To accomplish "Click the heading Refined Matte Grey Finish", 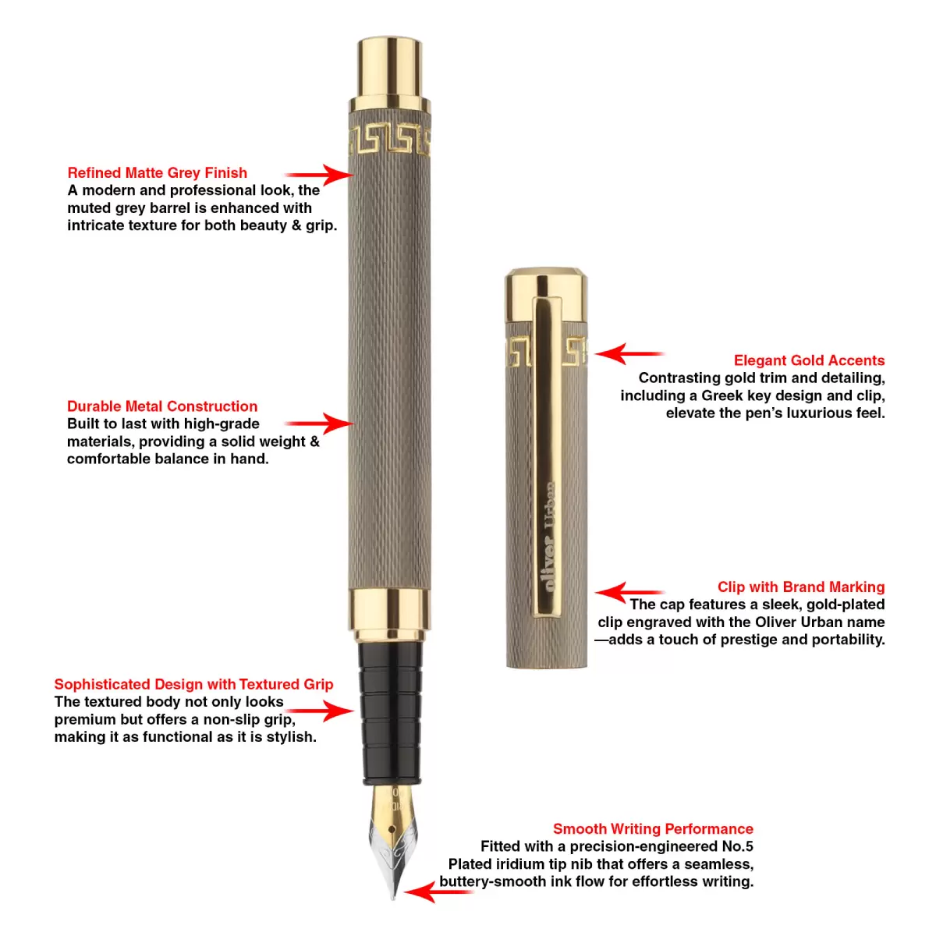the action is (x=157, y=173).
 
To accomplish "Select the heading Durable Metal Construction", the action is (x=162, y=406).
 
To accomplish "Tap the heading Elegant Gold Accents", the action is (x=809, y=360).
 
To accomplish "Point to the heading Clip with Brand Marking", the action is (x=801, y=587).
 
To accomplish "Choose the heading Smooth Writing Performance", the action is (x=653, y=828).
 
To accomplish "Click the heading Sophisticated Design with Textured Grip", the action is (x=193, y=684).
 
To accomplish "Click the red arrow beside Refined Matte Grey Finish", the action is (x=319, y=175).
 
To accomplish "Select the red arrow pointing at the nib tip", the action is (x=438, y=892).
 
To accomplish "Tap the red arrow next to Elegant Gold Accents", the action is (x=629, y=353).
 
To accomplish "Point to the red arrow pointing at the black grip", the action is (x=319, y=711).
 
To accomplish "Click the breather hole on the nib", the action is (x=392, y=829).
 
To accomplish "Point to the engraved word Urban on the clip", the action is (x=549, y=505).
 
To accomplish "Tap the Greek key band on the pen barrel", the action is (x=389, y=140).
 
